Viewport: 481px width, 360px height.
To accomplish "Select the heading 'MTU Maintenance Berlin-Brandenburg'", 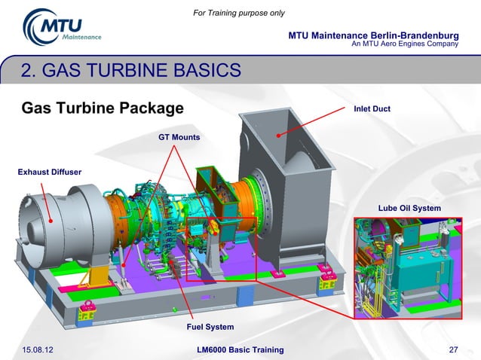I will tap(373, 35).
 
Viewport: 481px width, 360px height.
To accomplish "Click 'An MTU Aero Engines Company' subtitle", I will tap(405, 44).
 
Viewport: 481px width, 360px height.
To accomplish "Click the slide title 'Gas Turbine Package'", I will tap(103, 108).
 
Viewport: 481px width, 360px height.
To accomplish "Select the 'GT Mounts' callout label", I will tap(179, 138).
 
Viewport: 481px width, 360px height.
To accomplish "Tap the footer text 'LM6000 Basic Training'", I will tap(239, 350).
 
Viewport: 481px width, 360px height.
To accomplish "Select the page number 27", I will tap(453, 350).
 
